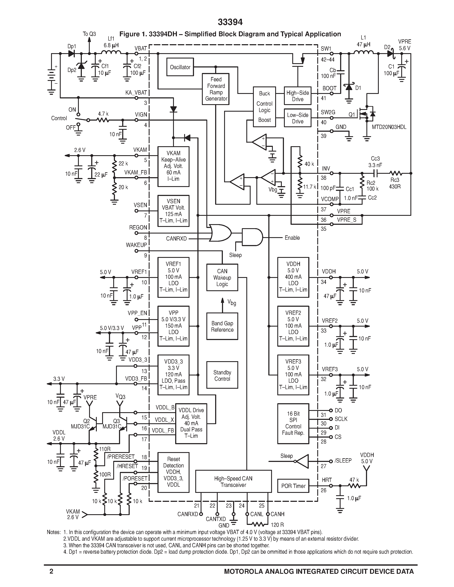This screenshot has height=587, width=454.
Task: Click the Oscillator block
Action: click(x=180, y=67)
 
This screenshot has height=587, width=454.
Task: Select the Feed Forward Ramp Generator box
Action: click(x=216, y=89)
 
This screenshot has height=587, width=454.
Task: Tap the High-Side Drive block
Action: click(x=297, y=96)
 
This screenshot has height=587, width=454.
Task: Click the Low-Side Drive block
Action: click(x=297, y=118)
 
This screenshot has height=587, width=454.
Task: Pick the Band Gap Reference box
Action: click(x=222, y=326)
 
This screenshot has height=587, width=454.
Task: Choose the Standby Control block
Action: click(x=222, y=375)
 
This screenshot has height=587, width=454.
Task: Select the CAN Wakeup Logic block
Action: click(x=222, y=277)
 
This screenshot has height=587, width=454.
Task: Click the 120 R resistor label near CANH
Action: click(x=277, y=524)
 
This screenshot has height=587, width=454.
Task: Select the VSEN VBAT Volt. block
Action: click(x=173, y=211)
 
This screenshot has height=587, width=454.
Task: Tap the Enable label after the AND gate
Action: click(x=292, y=238)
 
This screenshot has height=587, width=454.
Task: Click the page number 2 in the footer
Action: click(x=51, y=571)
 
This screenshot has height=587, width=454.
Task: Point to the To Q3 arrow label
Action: click(x=89, y=34)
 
